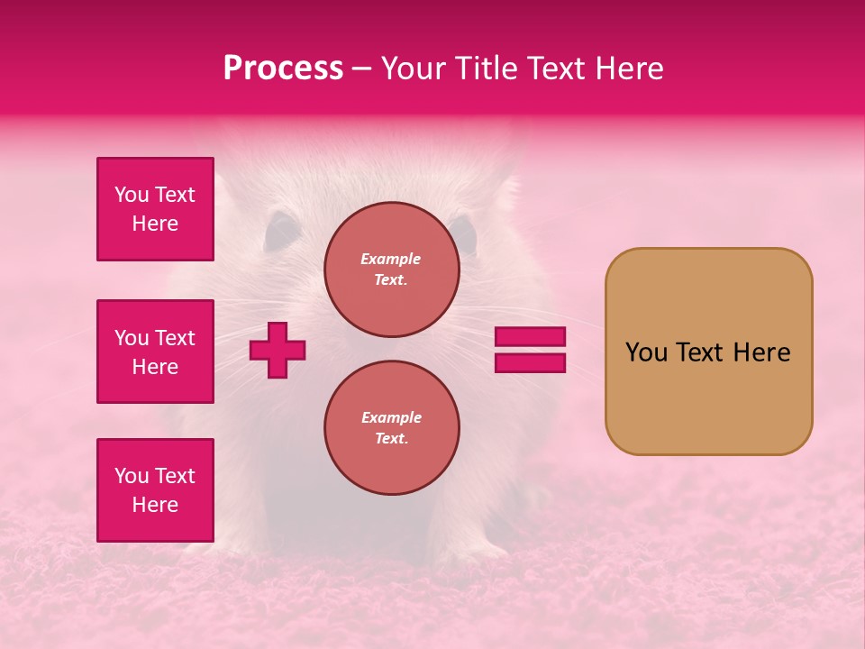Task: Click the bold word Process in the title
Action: (283, 68)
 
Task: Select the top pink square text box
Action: (155, 209)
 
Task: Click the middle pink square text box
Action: (155, 352)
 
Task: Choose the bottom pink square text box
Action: (155, 490)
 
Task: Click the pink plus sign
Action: (278, 349)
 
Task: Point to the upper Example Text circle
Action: (391, 269)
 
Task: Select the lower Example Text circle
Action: (391, 427)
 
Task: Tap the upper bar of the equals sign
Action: (530, 336)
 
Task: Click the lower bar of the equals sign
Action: (530, 362)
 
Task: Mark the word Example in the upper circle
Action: (391, 259)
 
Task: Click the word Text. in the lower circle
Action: (391, 438)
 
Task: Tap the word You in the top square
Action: (132, 195)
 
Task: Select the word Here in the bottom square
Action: (155, 505)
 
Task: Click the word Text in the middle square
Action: (175, 338)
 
